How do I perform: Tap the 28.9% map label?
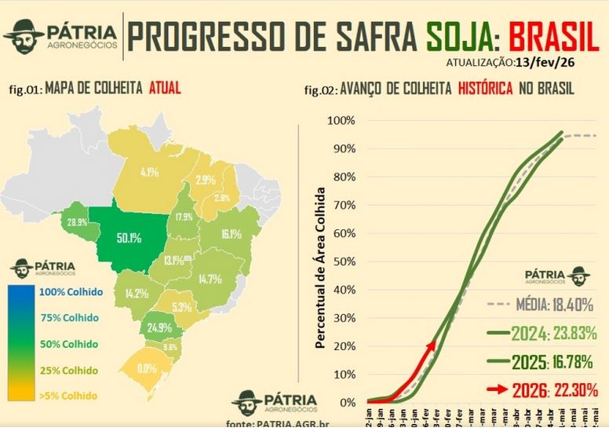(77, 224)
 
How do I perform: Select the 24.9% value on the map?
(159, 327)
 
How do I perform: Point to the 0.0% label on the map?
(147, 367)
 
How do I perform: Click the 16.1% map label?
(231, 234)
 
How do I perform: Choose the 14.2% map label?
(137, 293)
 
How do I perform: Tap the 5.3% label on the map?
(182, 307)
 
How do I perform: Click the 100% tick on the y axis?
(341, 121)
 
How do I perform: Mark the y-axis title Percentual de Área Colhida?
(321, 266)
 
